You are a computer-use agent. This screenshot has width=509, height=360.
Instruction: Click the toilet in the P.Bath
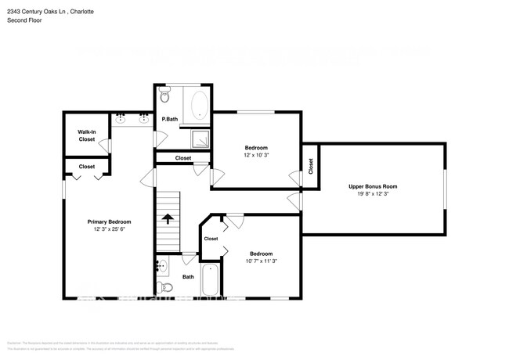[x=164, y=97]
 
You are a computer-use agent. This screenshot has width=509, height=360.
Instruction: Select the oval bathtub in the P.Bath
[x=199, y=105]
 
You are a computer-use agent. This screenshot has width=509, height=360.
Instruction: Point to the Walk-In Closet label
[x=86, y=135]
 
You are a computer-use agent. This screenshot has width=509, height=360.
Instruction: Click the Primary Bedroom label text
[x=108, y=221]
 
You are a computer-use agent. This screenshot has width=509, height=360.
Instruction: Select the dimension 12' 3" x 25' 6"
[x=108, y=229]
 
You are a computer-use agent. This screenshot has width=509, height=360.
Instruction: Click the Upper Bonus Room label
[x=373, y=186]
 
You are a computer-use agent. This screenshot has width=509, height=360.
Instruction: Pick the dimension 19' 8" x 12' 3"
[x=373, y=194]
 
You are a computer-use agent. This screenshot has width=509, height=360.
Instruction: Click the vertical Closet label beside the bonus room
[x=310, y=166]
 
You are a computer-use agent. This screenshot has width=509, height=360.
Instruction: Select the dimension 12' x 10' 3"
[x=256, y=156]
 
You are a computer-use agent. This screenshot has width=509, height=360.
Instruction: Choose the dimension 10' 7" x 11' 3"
[x=261, y=261]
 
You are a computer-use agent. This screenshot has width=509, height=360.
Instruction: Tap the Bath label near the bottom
[x=188, y=276]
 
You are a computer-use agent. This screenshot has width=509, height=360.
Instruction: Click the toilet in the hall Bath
[x=164, y=286]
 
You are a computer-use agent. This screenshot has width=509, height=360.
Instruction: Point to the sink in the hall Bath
[x=162, y=267]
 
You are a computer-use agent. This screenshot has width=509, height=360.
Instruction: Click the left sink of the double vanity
[x=121, y=119]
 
